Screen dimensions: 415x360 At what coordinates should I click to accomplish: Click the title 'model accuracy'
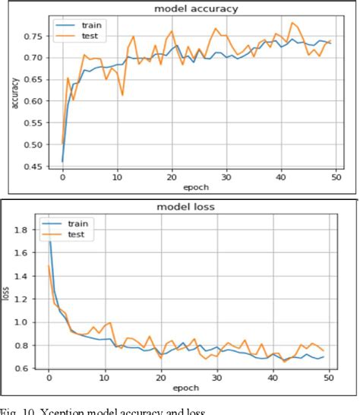(197, 8)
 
